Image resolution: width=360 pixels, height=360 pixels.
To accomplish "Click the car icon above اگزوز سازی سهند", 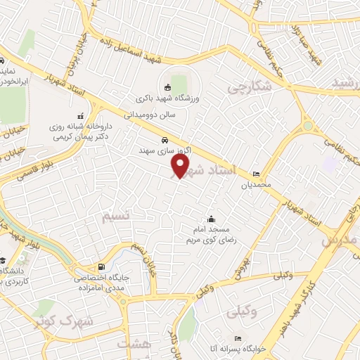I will (164, 139).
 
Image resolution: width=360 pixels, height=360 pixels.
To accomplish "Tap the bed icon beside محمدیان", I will (255, 174).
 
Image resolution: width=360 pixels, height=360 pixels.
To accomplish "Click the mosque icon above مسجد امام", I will (209, 219).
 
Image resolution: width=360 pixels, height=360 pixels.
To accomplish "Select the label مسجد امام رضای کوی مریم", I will (212, 235).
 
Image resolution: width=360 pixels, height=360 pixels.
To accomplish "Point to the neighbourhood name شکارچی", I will (249, 88).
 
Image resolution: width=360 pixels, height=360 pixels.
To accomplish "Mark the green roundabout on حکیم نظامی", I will (307, 127).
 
